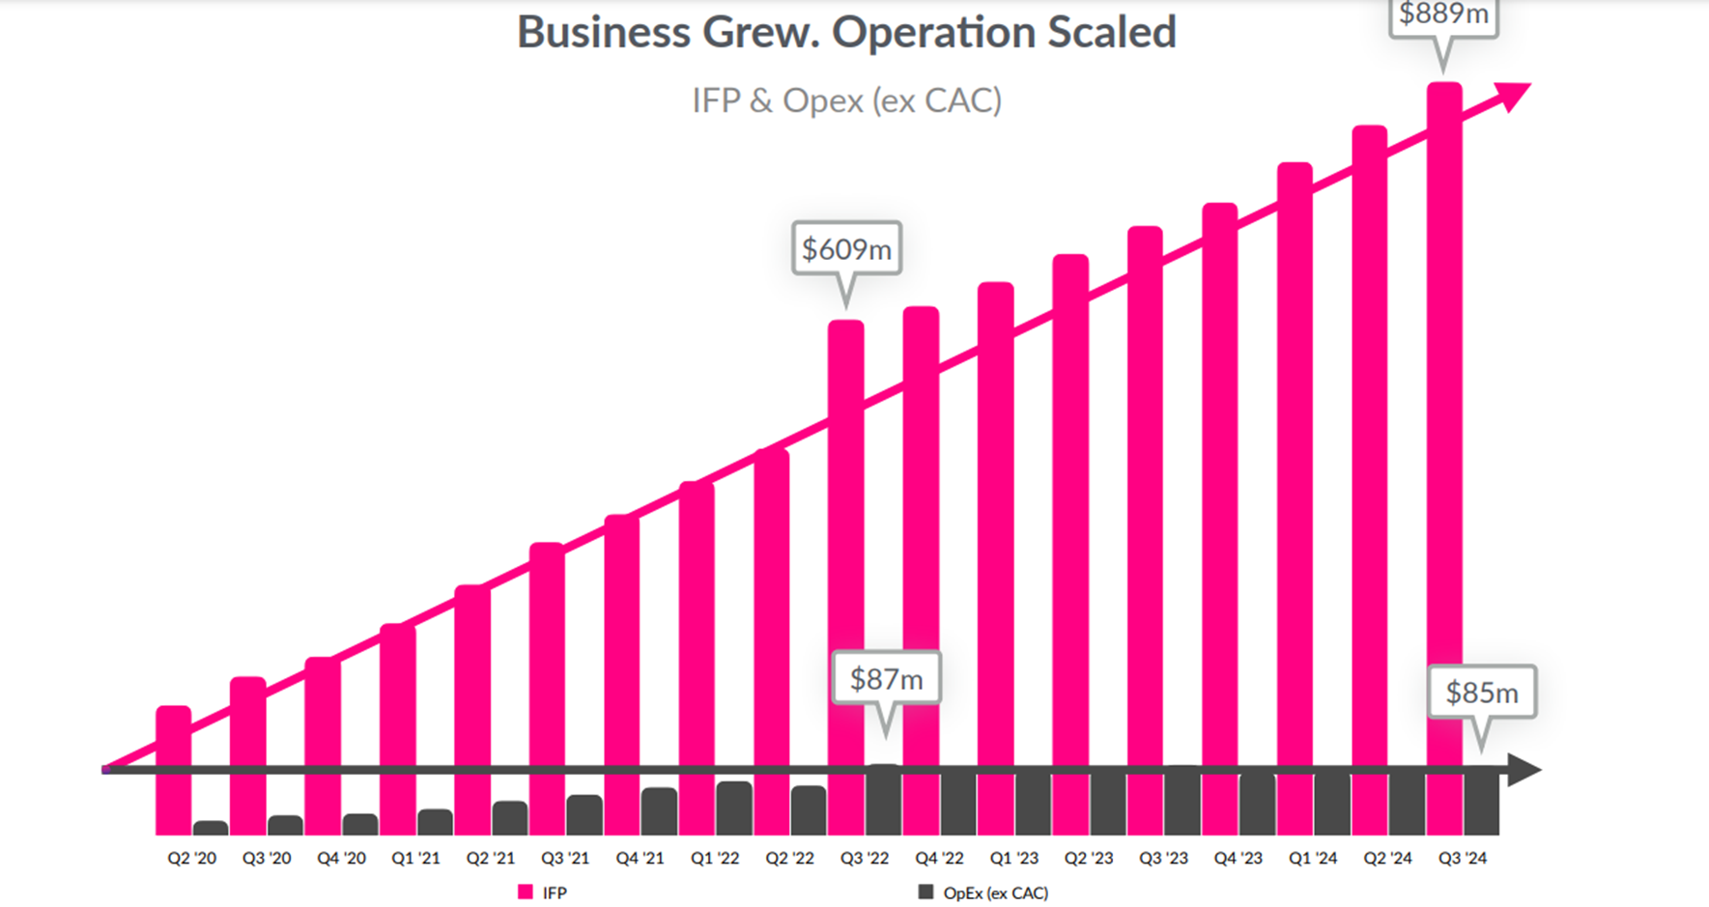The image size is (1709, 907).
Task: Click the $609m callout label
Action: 846,249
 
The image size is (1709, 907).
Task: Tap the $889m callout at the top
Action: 1443,15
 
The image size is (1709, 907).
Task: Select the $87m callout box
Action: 886,679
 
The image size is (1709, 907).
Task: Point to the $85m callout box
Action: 1481,692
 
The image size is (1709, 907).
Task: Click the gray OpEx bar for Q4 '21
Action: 659,811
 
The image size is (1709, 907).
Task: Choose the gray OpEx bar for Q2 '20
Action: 211,829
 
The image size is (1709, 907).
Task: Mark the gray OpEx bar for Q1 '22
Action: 733,808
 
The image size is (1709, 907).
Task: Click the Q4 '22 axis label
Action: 939,858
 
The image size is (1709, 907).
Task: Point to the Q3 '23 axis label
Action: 1163,858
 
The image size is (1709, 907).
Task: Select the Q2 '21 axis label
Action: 491,858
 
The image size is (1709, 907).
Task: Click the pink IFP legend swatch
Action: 526,893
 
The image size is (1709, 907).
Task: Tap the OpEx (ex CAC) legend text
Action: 995,893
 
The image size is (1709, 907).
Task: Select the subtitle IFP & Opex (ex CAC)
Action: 846,100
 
